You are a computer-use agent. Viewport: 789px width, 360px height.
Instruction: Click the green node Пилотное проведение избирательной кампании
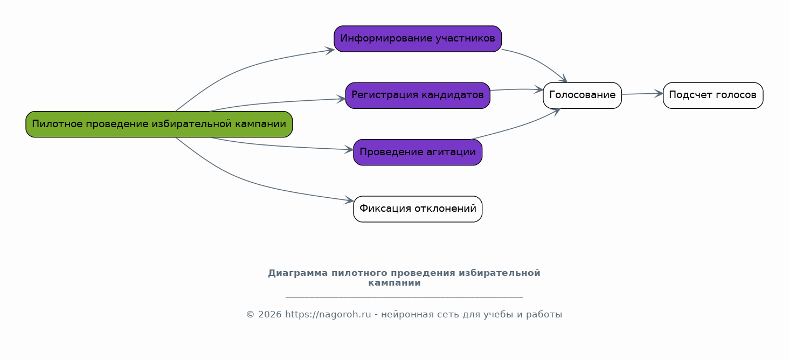[159, 124]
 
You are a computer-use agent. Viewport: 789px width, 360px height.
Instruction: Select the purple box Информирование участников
[418, 39]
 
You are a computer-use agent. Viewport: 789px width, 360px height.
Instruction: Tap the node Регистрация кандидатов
[418, 95]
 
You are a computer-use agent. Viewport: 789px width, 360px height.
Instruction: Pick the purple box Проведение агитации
[418, 152]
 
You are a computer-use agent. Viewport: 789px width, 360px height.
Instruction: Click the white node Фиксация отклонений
[418, 209]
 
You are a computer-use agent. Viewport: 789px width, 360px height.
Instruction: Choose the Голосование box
[582, 95]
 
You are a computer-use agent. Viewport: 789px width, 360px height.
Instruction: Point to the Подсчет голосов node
[713, 95]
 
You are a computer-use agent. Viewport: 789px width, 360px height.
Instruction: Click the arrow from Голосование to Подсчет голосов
[642, 94]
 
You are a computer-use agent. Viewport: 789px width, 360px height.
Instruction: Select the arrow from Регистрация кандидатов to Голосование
[516, 89]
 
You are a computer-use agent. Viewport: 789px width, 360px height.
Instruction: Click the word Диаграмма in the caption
[298, 273]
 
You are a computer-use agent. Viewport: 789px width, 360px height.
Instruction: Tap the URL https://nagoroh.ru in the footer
[328, 315]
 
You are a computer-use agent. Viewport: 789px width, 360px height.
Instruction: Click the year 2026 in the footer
[270, 315]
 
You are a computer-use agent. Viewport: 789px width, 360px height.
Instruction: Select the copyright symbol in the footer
[250, 315]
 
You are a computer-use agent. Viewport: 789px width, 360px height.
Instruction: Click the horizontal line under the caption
[404, 298]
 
